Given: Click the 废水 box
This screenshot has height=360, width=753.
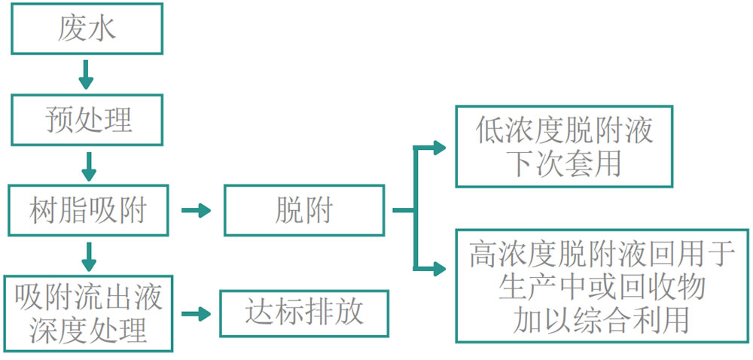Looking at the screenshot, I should [x=87, y=29].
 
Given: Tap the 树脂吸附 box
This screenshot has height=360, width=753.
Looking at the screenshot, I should [x=87, y=210].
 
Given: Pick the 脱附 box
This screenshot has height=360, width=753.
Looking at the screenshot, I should [x=304, y=210].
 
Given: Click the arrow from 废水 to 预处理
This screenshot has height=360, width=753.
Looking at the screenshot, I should [x=87, y=74].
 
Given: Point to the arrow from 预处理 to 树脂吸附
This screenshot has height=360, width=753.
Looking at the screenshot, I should [x=87, y=165].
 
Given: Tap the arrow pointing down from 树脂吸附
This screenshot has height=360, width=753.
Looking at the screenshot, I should [x=88, y=256].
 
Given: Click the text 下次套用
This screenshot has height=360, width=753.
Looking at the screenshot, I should [x=564, y=163].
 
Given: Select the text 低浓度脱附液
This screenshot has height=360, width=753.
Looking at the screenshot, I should [x=564, y=131].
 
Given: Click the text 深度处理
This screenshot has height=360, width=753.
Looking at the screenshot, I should [x=88, y=330].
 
